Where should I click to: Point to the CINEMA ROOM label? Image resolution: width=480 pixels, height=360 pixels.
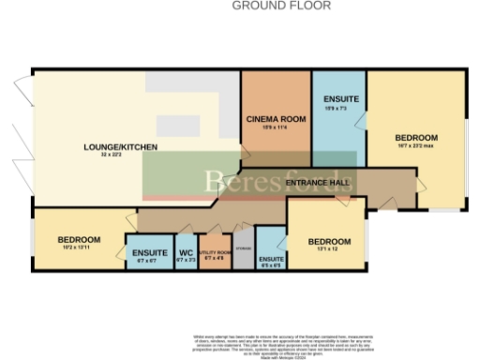276,120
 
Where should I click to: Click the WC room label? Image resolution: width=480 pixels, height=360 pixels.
186,252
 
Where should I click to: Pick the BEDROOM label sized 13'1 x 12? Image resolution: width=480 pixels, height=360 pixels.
330,242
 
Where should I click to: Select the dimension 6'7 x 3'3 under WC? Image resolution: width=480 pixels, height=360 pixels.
186,260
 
